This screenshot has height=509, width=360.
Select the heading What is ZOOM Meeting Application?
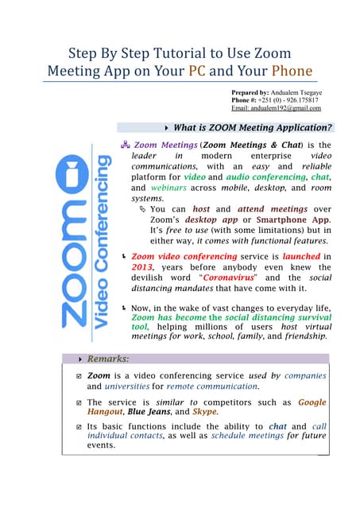(253, 127)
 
